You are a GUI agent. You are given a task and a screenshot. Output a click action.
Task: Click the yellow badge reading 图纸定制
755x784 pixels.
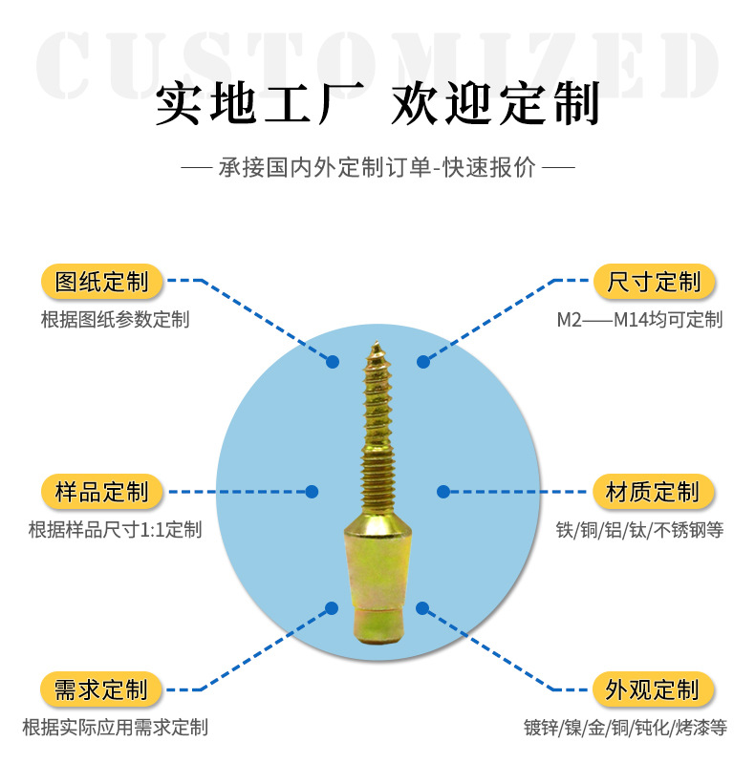tap(102, 282)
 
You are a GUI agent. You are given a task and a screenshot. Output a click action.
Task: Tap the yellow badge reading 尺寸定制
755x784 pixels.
tap(655, 282)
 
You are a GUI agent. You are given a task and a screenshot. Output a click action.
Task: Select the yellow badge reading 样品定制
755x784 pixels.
tap(102, 492)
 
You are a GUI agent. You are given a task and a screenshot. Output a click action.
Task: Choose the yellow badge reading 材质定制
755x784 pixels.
tap(655, 492)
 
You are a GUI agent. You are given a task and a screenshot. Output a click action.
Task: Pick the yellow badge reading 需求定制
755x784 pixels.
tap(101, 689)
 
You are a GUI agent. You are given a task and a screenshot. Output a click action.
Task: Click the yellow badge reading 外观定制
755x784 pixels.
tap(655, 689)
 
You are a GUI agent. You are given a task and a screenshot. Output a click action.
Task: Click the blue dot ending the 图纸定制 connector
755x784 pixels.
tap(333, 361)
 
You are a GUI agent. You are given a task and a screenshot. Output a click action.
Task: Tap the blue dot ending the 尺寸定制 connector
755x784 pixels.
tap(423, 361)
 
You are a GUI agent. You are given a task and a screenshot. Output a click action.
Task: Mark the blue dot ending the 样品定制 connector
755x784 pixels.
tap(312, 492)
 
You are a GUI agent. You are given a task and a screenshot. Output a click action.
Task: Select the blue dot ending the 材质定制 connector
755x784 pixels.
tap(443, 492)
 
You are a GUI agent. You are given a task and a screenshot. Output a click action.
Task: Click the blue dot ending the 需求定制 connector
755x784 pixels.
tap(333, 607)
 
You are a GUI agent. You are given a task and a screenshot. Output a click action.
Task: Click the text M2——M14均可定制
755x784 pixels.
tap(639, 320)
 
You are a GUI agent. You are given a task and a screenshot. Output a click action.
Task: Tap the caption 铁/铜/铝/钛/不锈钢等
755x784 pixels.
tap(639, 530)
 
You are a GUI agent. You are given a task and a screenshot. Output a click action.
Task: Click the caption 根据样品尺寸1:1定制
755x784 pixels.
tap(115, 530)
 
